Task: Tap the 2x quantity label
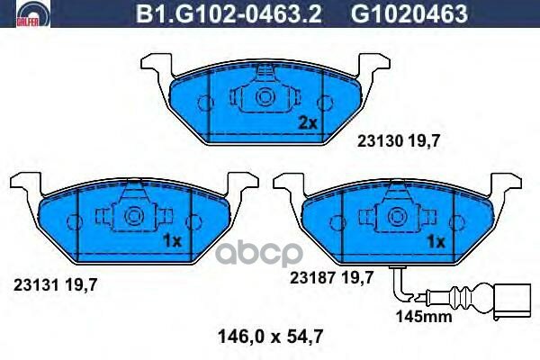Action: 309,122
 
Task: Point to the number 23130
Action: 378,140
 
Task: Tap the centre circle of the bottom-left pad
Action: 132,215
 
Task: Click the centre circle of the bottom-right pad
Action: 395,215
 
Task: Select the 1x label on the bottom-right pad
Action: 436,241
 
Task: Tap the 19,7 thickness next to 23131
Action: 81,284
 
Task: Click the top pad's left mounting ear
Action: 156,65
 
